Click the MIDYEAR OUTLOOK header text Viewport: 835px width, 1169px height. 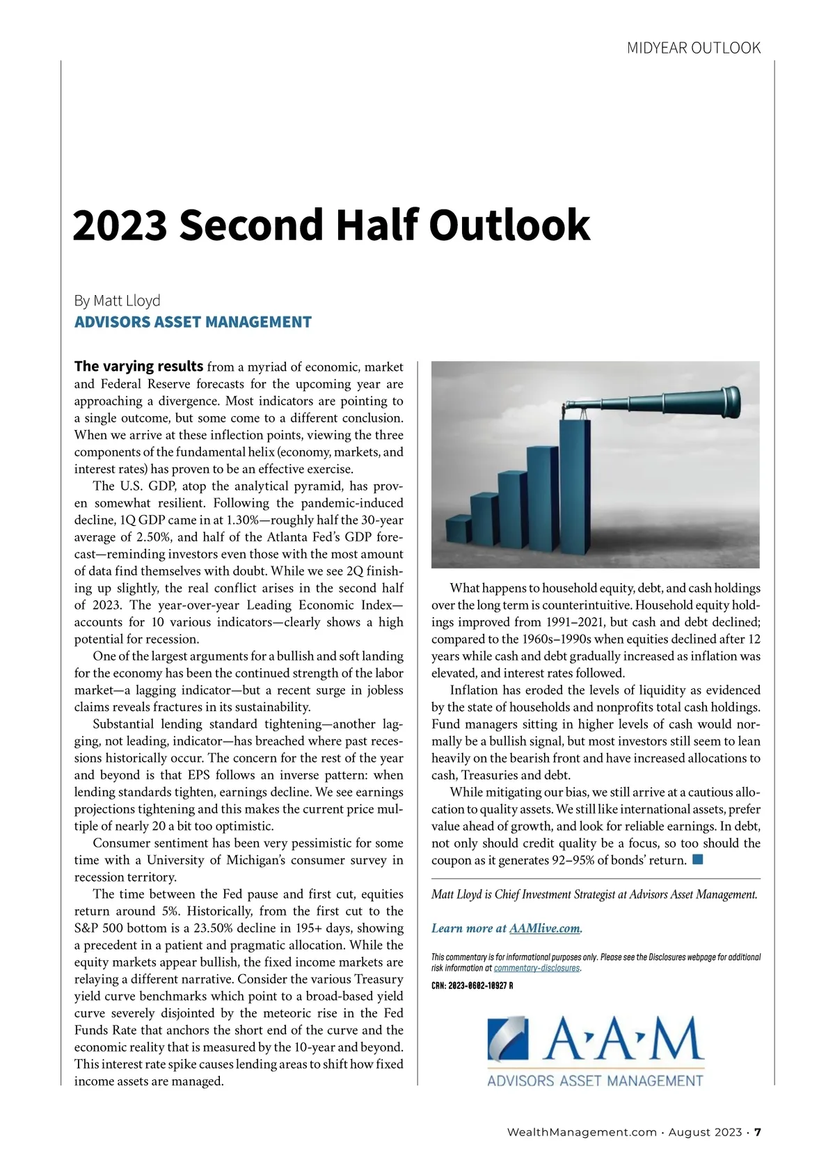coord(693,48)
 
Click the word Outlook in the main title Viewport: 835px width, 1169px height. coord(509,225)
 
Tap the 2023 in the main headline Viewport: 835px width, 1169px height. coord(120,225)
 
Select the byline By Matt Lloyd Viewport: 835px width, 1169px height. coord(117,301)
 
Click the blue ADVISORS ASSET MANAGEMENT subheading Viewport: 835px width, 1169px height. coord(193,322)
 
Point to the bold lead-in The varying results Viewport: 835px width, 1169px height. coord(138,366)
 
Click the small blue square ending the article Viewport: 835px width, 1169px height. coord(698,859)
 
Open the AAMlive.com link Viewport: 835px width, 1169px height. coord(544,928)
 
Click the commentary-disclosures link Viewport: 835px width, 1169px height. coord(536,968)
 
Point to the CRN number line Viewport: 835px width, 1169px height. coord(472,985)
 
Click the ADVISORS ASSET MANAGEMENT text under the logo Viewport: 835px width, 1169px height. coord(595,1081)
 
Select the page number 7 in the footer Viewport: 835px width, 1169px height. coord(758,1132)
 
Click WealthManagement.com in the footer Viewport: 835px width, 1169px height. coord(582,1132)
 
